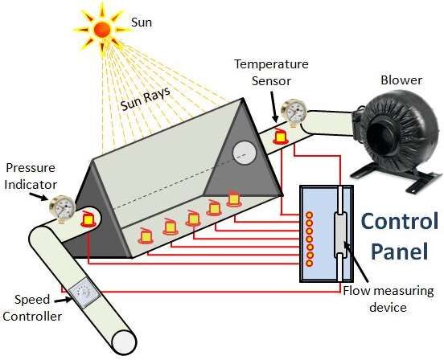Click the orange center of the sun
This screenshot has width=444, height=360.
pyautogui.click(x=102, y=30)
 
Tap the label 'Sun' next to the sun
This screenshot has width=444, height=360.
pyautogui.click(x=142, y=22)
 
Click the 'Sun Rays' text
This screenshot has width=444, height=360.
pyautogui.click(x=146, y=99)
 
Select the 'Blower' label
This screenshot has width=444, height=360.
pyautogui.click(x=401, y=80)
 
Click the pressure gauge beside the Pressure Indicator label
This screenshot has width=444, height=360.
pyautogui.click(x=62, y=208)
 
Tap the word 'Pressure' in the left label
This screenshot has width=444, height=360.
pyautogui.click(x=31, y=168)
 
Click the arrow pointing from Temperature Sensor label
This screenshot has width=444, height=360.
pyautogui.click(x=273, y=107)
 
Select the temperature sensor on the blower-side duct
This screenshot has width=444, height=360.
pyautogui.click(x=281, y=136)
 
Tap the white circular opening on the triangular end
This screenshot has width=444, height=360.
pyautogui.click(x=244, y=153)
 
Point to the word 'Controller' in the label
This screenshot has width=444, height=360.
pyautogui.click(x=32, y=316)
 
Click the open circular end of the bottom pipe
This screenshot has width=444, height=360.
pyautogui.click(x=124, y=342)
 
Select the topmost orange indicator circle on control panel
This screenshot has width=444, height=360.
pyautogui.click(x=309, y=215)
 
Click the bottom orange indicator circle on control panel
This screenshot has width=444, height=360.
pyautogui.click(x=309, y=264)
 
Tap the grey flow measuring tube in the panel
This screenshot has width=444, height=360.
pyautogui.click(x=340, y=234)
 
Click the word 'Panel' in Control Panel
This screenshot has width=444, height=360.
pyautogui.click(x=400, y=251)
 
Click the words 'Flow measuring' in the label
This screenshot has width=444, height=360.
pyautogui.click(x=388, y=291)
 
